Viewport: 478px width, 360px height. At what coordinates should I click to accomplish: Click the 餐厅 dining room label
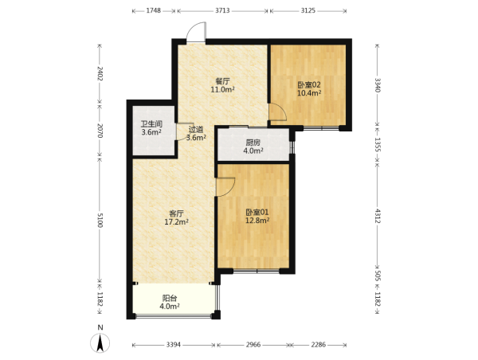point(222,81)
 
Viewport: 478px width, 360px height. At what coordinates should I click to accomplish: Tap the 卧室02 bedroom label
point(309,85)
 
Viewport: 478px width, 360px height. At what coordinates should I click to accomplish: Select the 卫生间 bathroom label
point(151,124)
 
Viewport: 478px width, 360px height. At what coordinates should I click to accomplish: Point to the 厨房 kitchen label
point(253,143)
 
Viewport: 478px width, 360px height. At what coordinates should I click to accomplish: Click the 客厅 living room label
point(177,213)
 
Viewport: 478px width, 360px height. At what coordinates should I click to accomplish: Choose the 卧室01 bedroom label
point(257,212)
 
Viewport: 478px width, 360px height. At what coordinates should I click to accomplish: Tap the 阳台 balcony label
point(170,298)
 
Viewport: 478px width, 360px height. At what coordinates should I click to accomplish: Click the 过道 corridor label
point(196,129)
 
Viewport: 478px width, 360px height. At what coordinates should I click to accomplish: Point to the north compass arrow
point(100,343)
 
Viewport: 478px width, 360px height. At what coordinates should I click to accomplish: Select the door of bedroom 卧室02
point(277,112)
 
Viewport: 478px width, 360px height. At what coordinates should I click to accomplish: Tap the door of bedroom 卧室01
point(225,186)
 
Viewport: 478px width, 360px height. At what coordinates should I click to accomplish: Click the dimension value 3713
point(222,10)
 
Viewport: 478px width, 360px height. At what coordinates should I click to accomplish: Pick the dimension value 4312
point(378,216)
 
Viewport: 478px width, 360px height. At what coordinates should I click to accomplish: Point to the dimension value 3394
point(174,345)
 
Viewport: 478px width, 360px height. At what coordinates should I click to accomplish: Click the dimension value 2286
point(318,345)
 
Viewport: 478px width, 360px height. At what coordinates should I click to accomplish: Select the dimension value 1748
point(153,10)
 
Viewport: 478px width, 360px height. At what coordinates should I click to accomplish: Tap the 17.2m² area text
point(177,222)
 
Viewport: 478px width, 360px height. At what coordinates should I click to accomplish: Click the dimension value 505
point(378,276)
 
